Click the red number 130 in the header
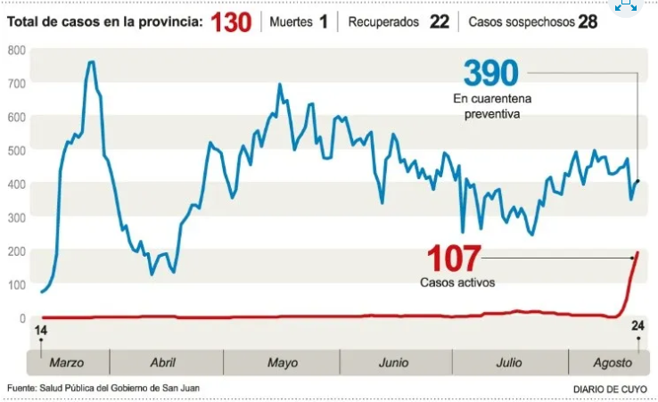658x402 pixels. (x=231, y=21)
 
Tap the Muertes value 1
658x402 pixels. (x=323, y=21)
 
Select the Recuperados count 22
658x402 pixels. (x=439, y=21)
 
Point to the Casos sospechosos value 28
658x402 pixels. (x=588, y=21)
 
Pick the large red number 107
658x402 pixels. (x=453, y=259)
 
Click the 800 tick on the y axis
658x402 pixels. (x=16, y=50)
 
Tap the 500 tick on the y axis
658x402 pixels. (x=16, y=151)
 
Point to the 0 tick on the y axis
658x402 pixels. (x=22, y=318)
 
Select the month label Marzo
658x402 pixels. (x=67, y=363)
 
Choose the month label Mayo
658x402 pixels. (x=283, y=363)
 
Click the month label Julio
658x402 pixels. (x=510, y=363)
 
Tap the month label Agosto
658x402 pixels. (x=613, y=363)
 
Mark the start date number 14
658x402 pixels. (x=40, y=332)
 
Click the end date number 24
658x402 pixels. (x=637, y=326)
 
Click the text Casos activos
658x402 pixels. (x=457, y=283)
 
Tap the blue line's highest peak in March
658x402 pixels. (x=91, y=62)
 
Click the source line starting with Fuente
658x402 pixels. (x=103, y=388)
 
